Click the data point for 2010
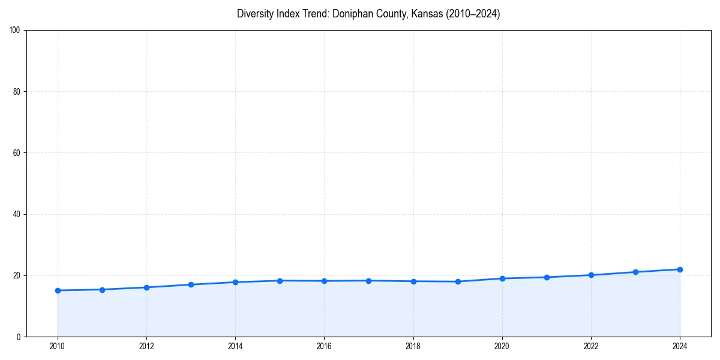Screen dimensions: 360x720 (x=58, y=290)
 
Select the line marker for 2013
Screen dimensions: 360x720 (x=191, y=284)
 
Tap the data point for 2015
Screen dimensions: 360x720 (x=280, y=281)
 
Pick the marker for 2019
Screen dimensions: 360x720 (x=458, y=281)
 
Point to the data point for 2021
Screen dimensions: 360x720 (x=547, y=277)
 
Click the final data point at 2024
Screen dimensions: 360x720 (x=680, y=269)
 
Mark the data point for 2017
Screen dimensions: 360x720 (x=368, y=281)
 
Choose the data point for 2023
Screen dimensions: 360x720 (x=635, y=272)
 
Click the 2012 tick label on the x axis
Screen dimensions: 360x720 (x=146, y=346)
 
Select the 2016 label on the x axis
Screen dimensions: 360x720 (x=324, y=346)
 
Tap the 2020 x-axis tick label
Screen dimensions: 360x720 (x=502, y=346)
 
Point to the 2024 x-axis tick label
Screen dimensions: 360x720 (x=680, y=346)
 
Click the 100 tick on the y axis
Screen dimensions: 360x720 (x=16, y=30)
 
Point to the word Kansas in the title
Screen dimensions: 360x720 (x=427, y=14)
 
